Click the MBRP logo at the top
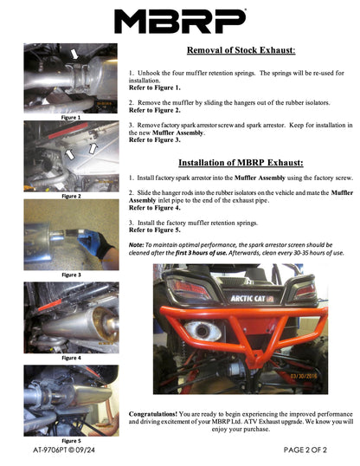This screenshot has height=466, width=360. pos(180,21)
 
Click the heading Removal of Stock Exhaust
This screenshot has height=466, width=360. pos(241,50)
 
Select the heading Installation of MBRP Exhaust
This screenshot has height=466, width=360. pos(241,163)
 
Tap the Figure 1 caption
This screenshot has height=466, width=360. pos(71,118)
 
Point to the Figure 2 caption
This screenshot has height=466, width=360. pos(71,196)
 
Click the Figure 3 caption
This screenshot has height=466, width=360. pos(71,275)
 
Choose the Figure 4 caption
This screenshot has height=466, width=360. pos(71,358)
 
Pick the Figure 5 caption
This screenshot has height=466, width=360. pos(71,441)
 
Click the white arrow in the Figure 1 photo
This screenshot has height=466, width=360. pos(74,55)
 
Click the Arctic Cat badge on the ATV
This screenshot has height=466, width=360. pos(252,298)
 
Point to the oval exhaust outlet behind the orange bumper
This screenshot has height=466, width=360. pos(202,330)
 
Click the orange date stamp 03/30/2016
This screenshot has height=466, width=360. pos(304,376)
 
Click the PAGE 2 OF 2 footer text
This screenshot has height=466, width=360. pos(305,450)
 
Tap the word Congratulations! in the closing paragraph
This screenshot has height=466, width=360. pos(153,414)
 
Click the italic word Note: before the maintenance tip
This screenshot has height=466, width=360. pos(137,245)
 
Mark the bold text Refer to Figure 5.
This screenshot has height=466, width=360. pos(154,230)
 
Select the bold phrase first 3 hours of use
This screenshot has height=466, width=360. pos(201,253)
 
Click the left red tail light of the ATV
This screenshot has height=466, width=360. pos(188,288)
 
